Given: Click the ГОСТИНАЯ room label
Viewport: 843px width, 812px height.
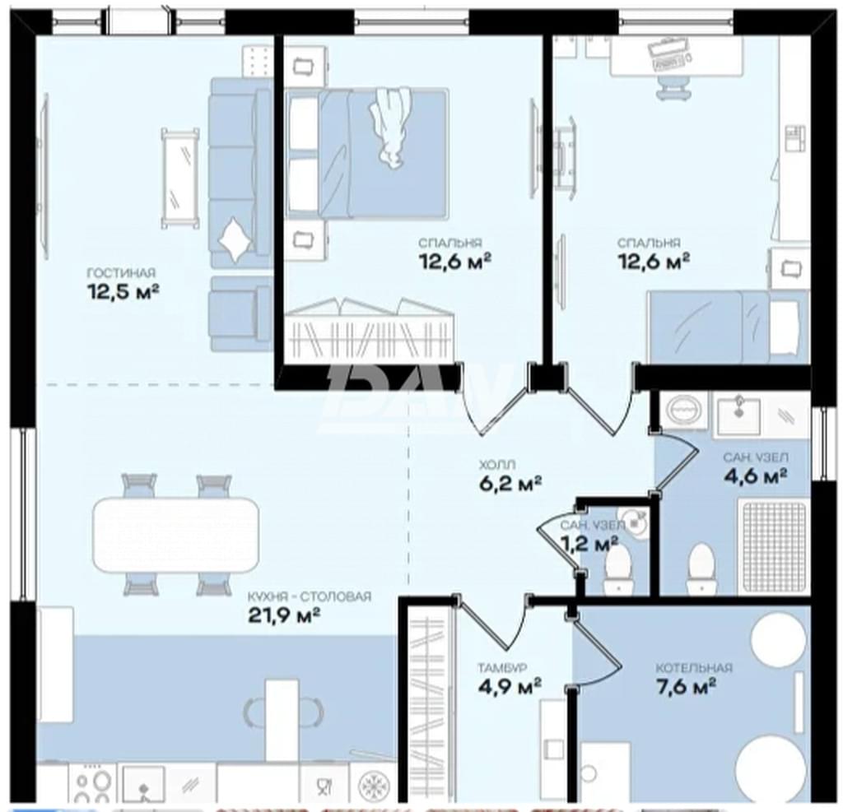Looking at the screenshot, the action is [121, 273].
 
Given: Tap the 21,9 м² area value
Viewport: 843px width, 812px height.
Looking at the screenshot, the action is [284, 615].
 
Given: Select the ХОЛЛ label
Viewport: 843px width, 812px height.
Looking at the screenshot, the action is [497, 464].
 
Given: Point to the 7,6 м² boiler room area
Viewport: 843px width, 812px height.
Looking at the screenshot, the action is [686, 686].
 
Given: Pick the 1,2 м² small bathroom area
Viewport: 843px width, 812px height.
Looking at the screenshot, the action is [589, 544].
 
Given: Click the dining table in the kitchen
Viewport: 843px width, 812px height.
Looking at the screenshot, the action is [176, 535].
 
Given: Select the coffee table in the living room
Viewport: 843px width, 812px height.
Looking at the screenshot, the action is [180, 178].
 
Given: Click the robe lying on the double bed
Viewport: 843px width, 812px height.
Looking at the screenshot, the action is [389, 128].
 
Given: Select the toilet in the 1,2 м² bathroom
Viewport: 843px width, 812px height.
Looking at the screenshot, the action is [617, 568].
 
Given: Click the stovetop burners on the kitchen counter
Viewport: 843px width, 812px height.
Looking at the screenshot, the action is [89, 786].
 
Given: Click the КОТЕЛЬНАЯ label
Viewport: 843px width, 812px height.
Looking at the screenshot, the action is [694, 668].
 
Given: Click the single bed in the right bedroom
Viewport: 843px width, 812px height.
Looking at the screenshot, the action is [729, 327].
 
